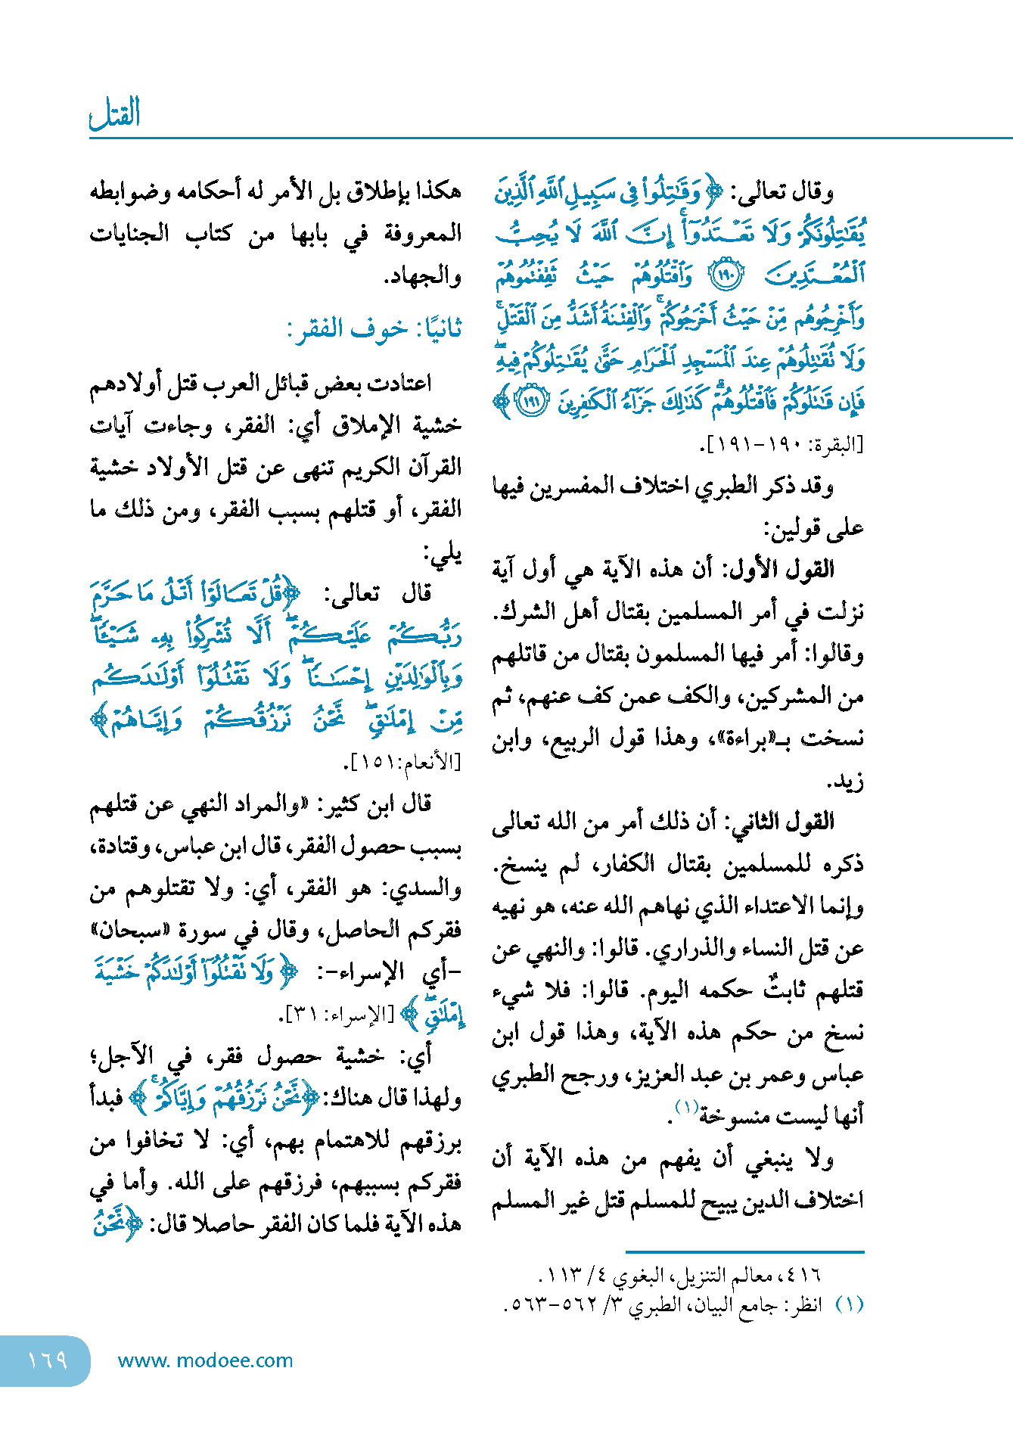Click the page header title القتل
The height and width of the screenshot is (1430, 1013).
coord(115,113)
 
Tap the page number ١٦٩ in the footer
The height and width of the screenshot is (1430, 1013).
coord(47,1360)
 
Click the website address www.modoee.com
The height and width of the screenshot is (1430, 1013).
coord(205,1360)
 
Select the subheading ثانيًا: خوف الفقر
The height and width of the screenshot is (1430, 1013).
coord(374,330)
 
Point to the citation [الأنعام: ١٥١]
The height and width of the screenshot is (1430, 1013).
coord(402,763)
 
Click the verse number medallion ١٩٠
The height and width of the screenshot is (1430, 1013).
coord(726,276)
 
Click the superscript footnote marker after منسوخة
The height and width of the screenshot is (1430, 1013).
coord(686,1108)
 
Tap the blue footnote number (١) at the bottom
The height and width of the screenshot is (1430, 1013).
coord(849,1304)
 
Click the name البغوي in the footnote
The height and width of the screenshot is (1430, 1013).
coord(640,1276)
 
